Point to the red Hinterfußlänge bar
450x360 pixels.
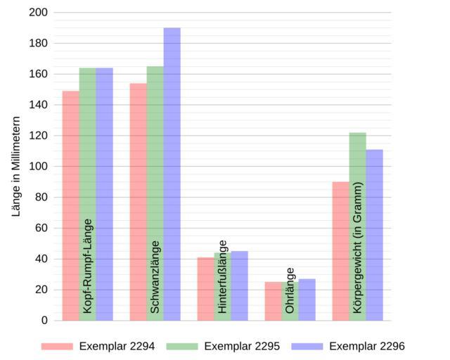tap(205, 288)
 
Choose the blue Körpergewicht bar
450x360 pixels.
tap(374, 235)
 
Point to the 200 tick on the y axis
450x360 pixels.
tap(39, 13)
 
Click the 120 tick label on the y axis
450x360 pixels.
tap(39, 136)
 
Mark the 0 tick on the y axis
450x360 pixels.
tap(44, 321)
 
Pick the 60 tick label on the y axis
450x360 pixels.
tap(41, 228)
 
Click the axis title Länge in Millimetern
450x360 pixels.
tap(17, 166)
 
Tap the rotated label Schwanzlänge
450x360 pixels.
tap(155, 277)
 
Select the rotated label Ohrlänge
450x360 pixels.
tap(290, 290)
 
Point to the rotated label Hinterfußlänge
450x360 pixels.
tap(223, 276)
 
